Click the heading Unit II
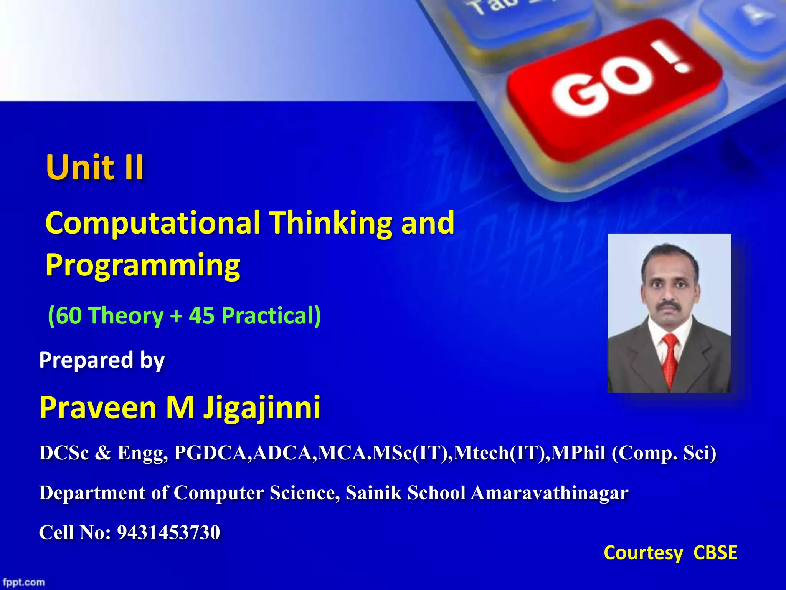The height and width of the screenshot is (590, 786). click(94, 167)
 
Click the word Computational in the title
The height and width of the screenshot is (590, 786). click(152, 223)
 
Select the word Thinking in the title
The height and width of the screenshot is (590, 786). click(330, 223)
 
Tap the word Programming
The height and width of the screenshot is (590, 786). click(142, 265)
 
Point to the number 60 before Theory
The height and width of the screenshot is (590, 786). click(69, 316)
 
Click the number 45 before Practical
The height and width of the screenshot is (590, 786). click(201, 316)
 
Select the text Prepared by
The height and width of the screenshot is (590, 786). click(102, 360)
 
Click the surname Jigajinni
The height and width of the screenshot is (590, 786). click(262, 408)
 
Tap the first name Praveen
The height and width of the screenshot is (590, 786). click(97, 408)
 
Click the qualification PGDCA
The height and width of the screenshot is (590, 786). click(212, 453)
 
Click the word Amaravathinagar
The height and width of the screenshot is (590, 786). click(549, 493)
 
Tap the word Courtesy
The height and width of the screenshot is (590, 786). click(643, 553)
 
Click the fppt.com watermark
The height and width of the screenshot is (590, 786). click(24, 582)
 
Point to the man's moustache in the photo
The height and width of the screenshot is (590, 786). click(669, 305)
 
